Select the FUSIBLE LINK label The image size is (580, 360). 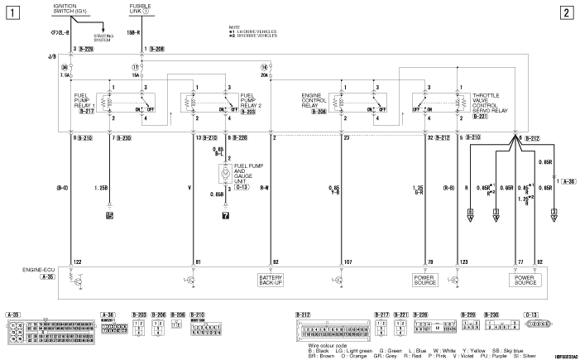141,9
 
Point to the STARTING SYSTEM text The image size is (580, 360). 102,38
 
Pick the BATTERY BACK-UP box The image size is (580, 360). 271,279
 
